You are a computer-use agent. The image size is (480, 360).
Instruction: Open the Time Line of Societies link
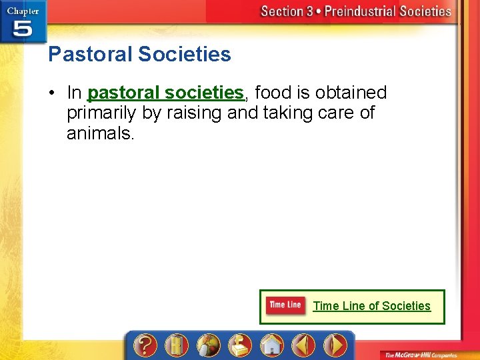[371, 306]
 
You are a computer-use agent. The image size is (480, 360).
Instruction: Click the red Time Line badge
[285, 305]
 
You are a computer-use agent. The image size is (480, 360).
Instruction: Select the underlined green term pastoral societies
[165, 92]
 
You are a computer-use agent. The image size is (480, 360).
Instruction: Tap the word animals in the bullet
[100, 133]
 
